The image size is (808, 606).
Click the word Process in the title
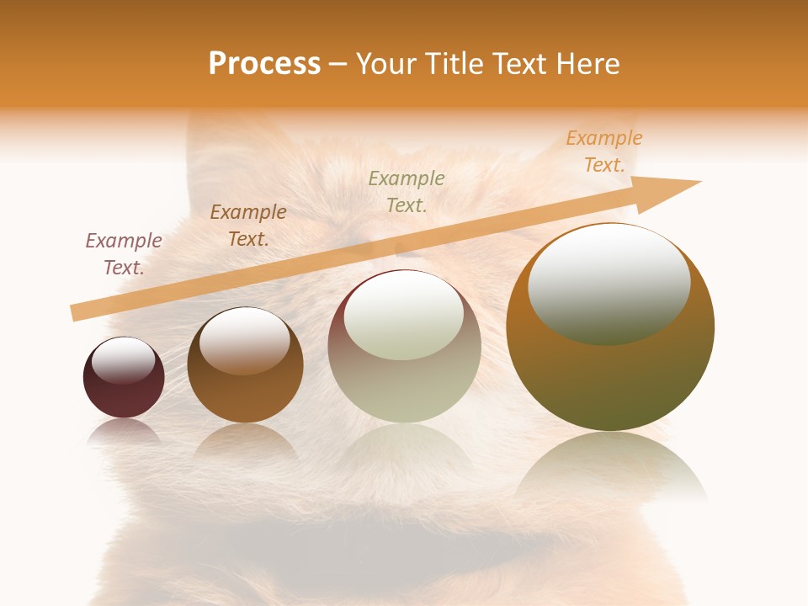click(264, 64)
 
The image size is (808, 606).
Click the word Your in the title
click(385, 64)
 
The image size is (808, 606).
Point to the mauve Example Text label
click(124, 253)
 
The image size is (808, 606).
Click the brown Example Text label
click(248, 226)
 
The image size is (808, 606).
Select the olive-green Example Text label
click(407, 191)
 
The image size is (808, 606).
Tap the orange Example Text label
click(604, 151)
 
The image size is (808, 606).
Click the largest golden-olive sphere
click(610, 379)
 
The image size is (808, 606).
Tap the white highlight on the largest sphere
click(609, 282)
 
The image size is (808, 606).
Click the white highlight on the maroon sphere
click(123, 360)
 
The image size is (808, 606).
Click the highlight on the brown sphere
click(245, 340)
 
